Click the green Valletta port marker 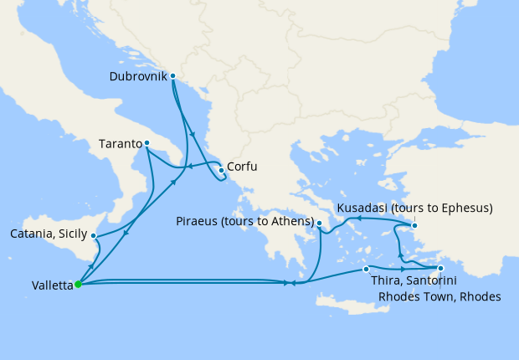click(x=78, y=284)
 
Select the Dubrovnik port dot click(x=172, y=76)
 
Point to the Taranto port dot click(x=146, y=143)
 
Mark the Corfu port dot click(x=221, y=170)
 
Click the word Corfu click(x=242, y=167)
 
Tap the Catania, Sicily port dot click(x=94, y=236)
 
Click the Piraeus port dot click(x=320, y=223)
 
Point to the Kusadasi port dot click(x=414, y=224)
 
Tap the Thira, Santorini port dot click(x=366, y=269)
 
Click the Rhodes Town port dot click(x=440, y=269)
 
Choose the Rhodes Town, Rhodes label click(x=439, y=296)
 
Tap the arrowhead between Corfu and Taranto click(x=189, y=166)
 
